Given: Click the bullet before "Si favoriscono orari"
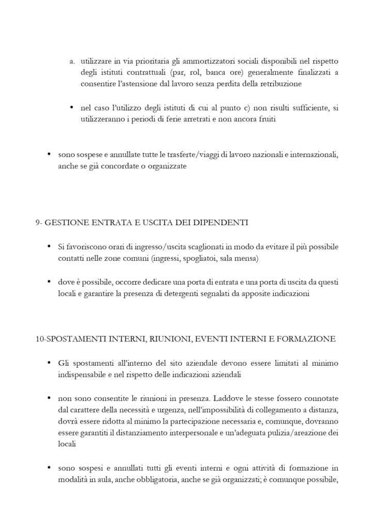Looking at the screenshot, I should pyautogui.click(x=49, y=246).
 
